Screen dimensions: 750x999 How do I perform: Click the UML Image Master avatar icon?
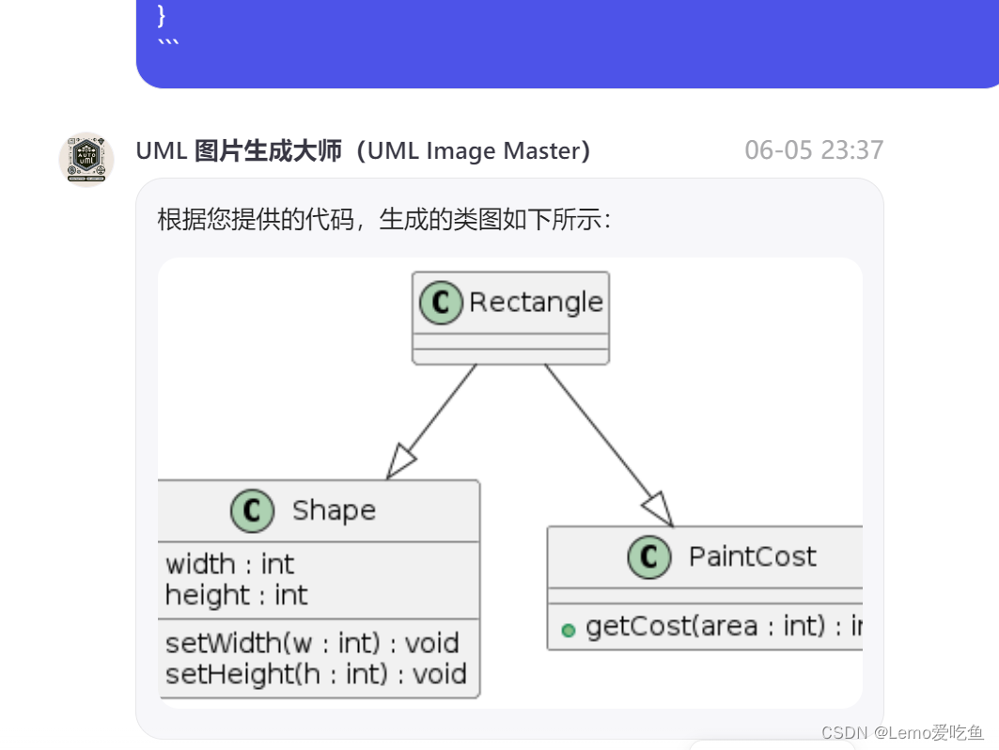coord(86,159)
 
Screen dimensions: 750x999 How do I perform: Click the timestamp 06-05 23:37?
coord(814,150)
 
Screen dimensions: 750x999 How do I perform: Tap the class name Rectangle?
coord(536,303)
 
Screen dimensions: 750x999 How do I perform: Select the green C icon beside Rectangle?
coord(441,303)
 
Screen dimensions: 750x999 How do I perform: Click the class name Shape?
coord(334,510)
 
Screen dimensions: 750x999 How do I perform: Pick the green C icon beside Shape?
coord(252,511)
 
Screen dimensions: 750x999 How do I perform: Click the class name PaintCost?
coord(753,556)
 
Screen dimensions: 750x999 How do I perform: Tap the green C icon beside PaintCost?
coord(649,557)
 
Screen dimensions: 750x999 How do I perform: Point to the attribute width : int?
coord(230,564)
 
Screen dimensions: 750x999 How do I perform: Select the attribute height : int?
coord(237,595)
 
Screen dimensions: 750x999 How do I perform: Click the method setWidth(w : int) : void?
coord(312,643)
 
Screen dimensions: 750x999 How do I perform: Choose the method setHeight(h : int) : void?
coord(316,674)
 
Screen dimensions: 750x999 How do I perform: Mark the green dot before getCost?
coord(568,630)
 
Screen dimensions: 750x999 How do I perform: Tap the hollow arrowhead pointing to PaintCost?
coord(659,508)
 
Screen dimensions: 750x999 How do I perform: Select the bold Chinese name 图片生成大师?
coord(268,150)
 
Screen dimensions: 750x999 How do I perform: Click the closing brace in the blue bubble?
coord(162,14)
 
